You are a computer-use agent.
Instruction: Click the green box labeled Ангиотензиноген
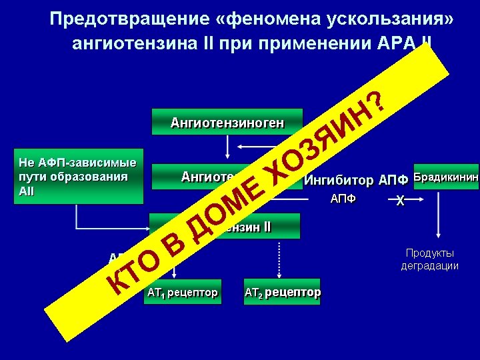pyautogui.click(x=227, y=122)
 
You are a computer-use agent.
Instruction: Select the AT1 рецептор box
pyautogui.click(x=181, y=292)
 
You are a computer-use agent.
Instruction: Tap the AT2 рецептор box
pyautogui.click(x=283, y=292)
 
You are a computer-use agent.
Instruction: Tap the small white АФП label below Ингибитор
pyautogui.click(x=343, y=199)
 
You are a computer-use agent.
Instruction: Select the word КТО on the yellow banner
pyautogui.click(x=133, y=271)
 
